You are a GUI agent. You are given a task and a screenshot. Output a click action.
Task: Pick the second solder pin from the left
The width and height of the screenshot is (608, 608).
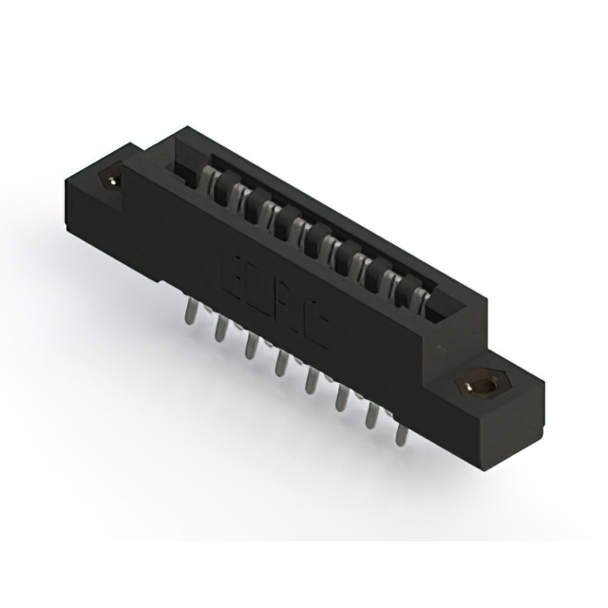(x=220, y=328)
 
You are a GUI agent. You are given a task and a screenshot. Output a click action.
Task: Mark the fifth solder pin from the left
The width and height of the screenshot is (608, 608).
(x=310, y=379)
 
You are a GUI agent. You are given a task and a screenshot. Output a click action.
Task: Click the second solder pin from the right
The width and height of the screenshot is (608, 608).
(x=370, y=415)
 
